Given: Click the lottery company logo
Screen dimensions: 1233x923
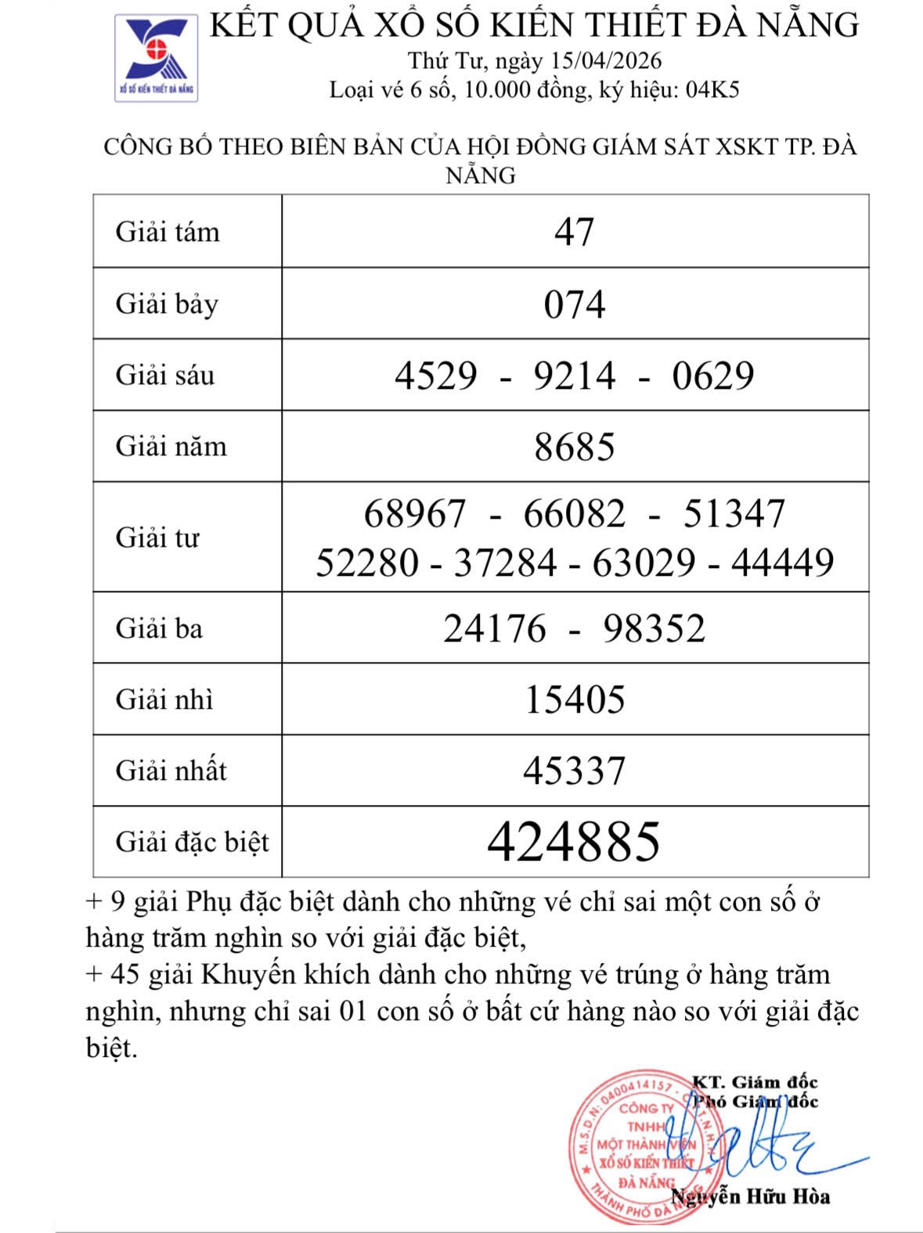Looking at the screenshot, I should pos(157,57).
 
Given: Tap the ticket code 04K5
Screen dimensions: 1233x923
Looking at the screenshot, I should pos(712,90).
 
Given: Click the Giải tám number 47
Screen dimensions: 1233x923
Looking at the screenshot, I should pos(575,232).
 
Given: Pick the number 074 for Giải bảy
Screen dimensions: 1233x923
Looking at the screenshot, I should pos(575,304).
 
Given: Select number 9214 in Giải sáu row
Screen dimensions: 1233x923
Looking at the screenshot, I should pos(575,376).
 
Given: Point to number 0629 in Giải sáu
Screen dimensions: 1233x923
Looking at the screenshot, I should pos(712,376).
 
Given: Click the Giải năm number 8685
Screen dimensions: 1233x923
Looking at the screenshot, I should pos(575,447).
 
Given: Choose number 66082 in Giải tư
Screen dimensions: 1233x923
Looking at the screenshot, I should pos(575,514).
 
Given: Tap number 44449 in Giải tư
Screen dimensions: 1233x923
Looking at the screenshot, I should pos(783,563).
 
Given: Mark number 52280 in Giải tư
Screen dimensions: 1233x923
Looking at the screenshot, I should pos(367,563).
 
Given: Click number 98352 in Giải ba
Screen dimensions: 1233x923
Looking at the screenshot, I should pos(654,628).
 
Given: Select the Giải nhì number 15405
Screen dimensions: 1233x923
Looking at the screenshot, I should pos(575,699).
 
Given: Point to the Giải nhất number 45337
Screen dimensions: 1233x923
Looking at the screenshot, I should pos(575,771).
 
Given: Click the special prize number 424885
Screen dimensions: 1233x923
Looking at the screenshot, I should pos(574,842).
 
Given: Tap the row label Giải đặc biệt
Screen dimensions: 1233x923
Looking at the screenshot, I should pos(192,843).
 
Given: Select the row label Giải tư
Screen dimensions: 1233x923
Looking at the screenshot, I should pos(157,537).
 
